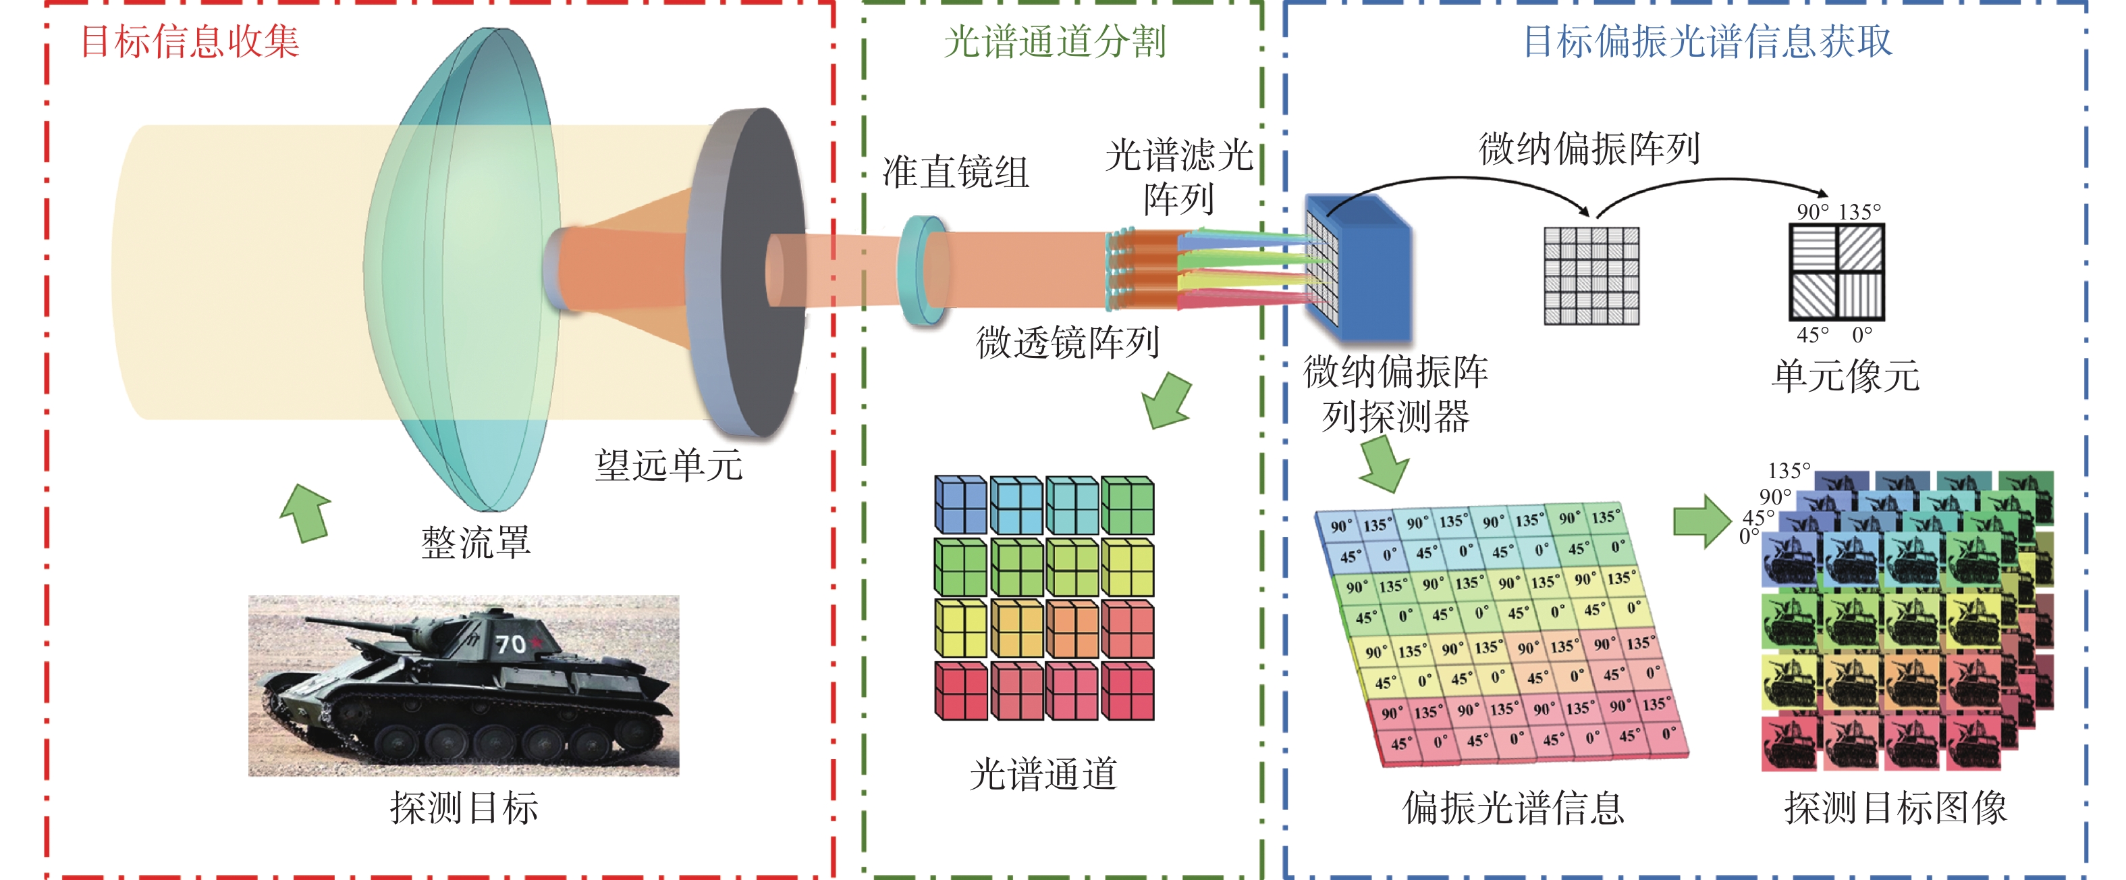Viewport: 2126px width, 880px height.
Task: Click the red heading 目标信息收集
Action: coord(190,41)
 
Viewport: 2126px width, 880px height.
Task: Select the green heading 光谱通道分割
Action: coord(1055,41)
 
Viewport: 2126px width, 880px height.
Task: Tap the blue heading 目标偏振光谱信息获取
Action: coord(1707,41)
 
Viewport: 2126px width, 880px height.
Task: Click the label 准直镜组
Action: coord(956,172)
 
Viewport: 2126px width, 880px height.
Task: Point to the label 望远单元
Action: coord(668,465)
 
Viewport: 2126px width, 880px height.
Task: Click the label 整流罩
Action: coord(476,543)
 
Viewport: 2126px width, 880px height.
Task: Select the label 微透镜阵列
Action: coord(1068,342)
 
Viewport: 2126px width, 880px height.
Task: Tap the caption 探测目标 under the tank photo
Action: coord(464,807)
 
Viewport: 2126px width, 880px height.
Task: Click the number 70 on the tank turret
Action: coord(510,644)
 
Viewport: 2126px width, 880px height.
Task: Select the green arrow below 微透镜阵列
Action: coord(1167,401)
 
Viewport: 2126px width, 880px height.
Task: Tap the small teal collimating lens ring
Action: coord(923,271)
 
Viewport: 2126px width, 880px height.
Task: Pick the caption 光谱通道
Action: coord(1044,775)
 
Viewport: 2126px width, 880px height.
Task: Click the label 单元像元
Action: coord(1845,376)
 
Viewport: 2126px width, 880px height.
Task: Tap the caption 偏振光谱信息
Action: coord(1514,807)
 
